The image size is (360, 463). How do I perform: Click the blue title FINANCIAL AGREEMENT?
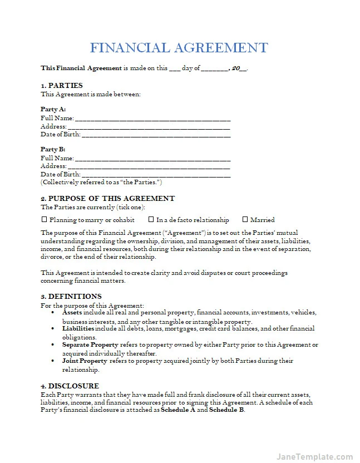[179, 47]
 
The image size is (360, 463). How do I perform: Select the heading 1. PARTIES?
[62, 85]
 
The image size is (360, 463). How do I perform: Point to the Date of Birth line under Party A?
[156, 135]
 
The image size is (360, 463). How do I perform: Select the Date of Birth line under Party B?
[156, 174]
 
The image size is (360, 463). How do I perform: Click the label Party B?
[53, 150]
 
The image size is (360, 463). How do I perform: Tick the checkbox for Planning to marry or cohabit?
[44, 220]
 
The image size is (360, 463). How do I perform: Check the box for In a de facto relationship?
[151, 220]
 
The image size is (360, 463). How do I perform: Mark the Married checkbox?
[244, 220]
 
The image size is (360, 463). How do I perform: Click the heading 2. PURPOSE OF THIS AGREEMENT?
[107, 199]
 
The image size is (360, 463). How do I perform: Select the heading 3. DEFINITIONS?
[71, 297]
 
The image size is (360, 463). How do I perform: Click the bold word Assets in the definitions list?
[72, 313]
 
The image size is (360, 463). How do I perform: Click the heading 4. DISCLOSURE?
[70, 386]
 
